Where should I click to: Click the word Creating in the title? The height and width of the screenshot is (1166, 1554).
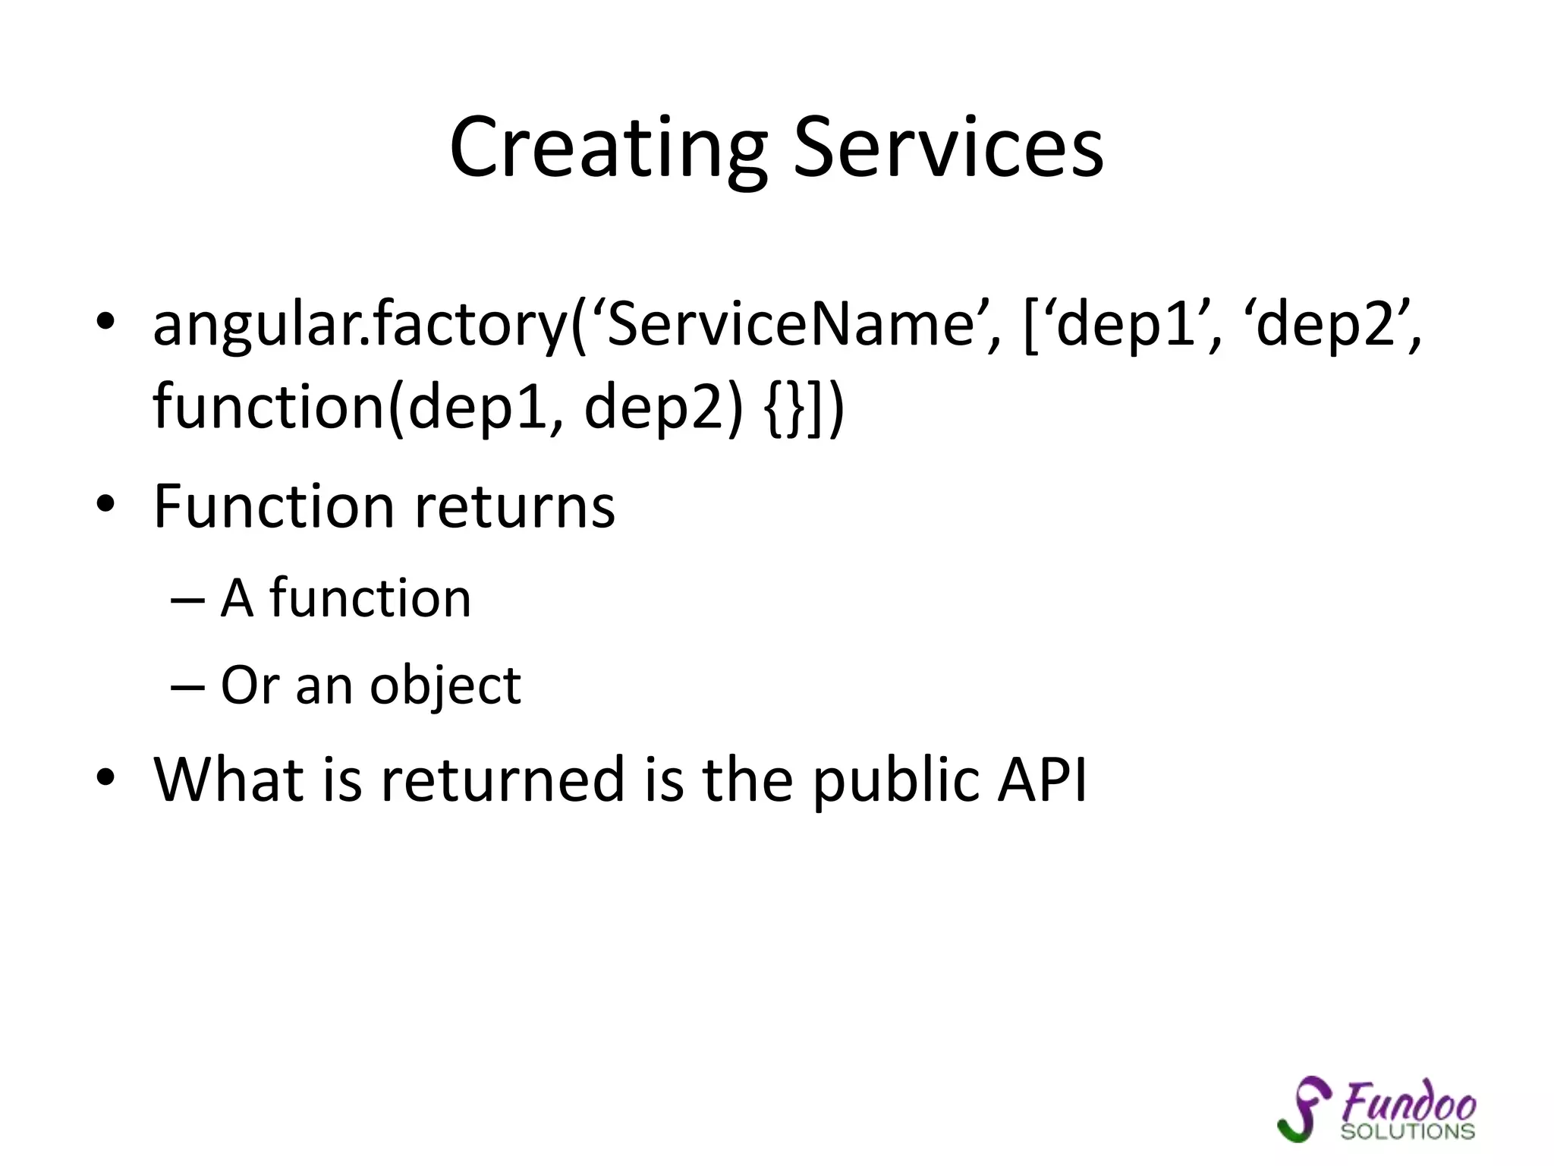pos(608,148)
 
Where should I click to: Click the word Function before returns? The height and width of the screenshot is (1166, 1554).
pos(273,506)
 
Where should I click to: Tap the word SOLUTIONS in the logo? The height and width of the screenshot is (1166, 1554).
pos(1408,1132)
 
